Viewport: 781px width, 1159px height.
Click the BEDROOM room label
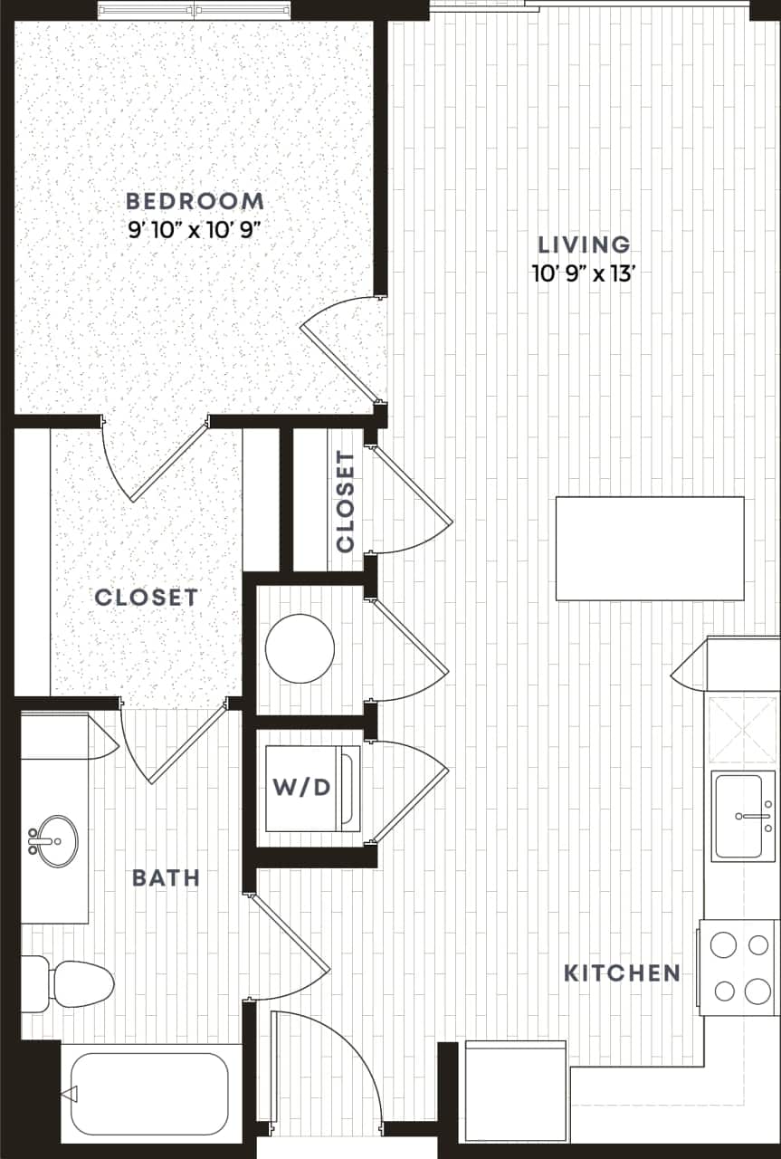195,201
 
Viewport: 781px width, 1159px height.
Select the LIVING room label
584,244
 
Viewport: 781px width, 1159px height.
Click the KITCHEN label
622,973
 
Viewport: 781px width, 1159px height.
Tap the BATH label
166,877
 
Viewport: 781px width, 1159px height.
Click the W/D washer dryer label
301,786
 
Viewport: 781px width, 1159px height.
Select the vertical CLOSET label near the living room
345,501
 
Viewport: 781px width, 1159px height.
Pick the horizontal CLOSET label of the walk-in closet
146,598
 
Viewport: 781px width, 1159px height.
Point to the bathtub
149,1094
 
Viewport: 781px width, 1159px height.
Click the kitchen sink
743,816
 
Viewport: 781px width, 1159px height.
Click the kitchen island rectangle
649,548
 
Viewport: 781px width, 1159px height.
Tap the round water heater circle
300,648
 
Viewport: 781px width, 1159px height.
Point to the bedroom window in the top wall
195,12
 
